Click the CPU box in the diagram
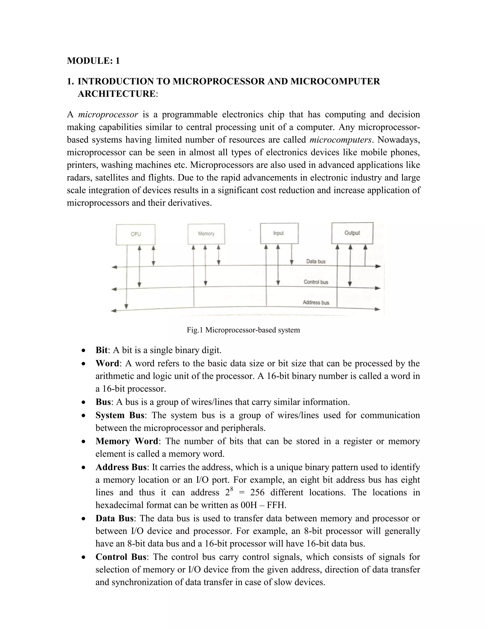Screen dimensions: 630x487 tap(136, 234)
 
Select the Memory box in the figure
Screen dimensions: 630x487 tap(206, 234)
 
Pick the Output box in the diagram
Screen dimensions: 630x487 tap(352, 233)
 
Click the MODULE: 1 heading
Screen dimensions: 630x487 tap(93, 61)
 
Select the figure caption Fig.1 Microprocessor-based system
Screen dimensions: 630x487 tap(243, 330)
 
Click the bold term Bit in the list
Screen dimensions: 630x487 tap(102, 350)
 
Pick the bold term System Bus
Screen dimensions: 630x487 tap(120, 415)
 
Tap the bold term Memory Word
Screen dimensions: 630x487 tap(127, 441)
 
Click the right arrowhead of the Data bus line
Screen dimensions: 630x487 tap(378, 266)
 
